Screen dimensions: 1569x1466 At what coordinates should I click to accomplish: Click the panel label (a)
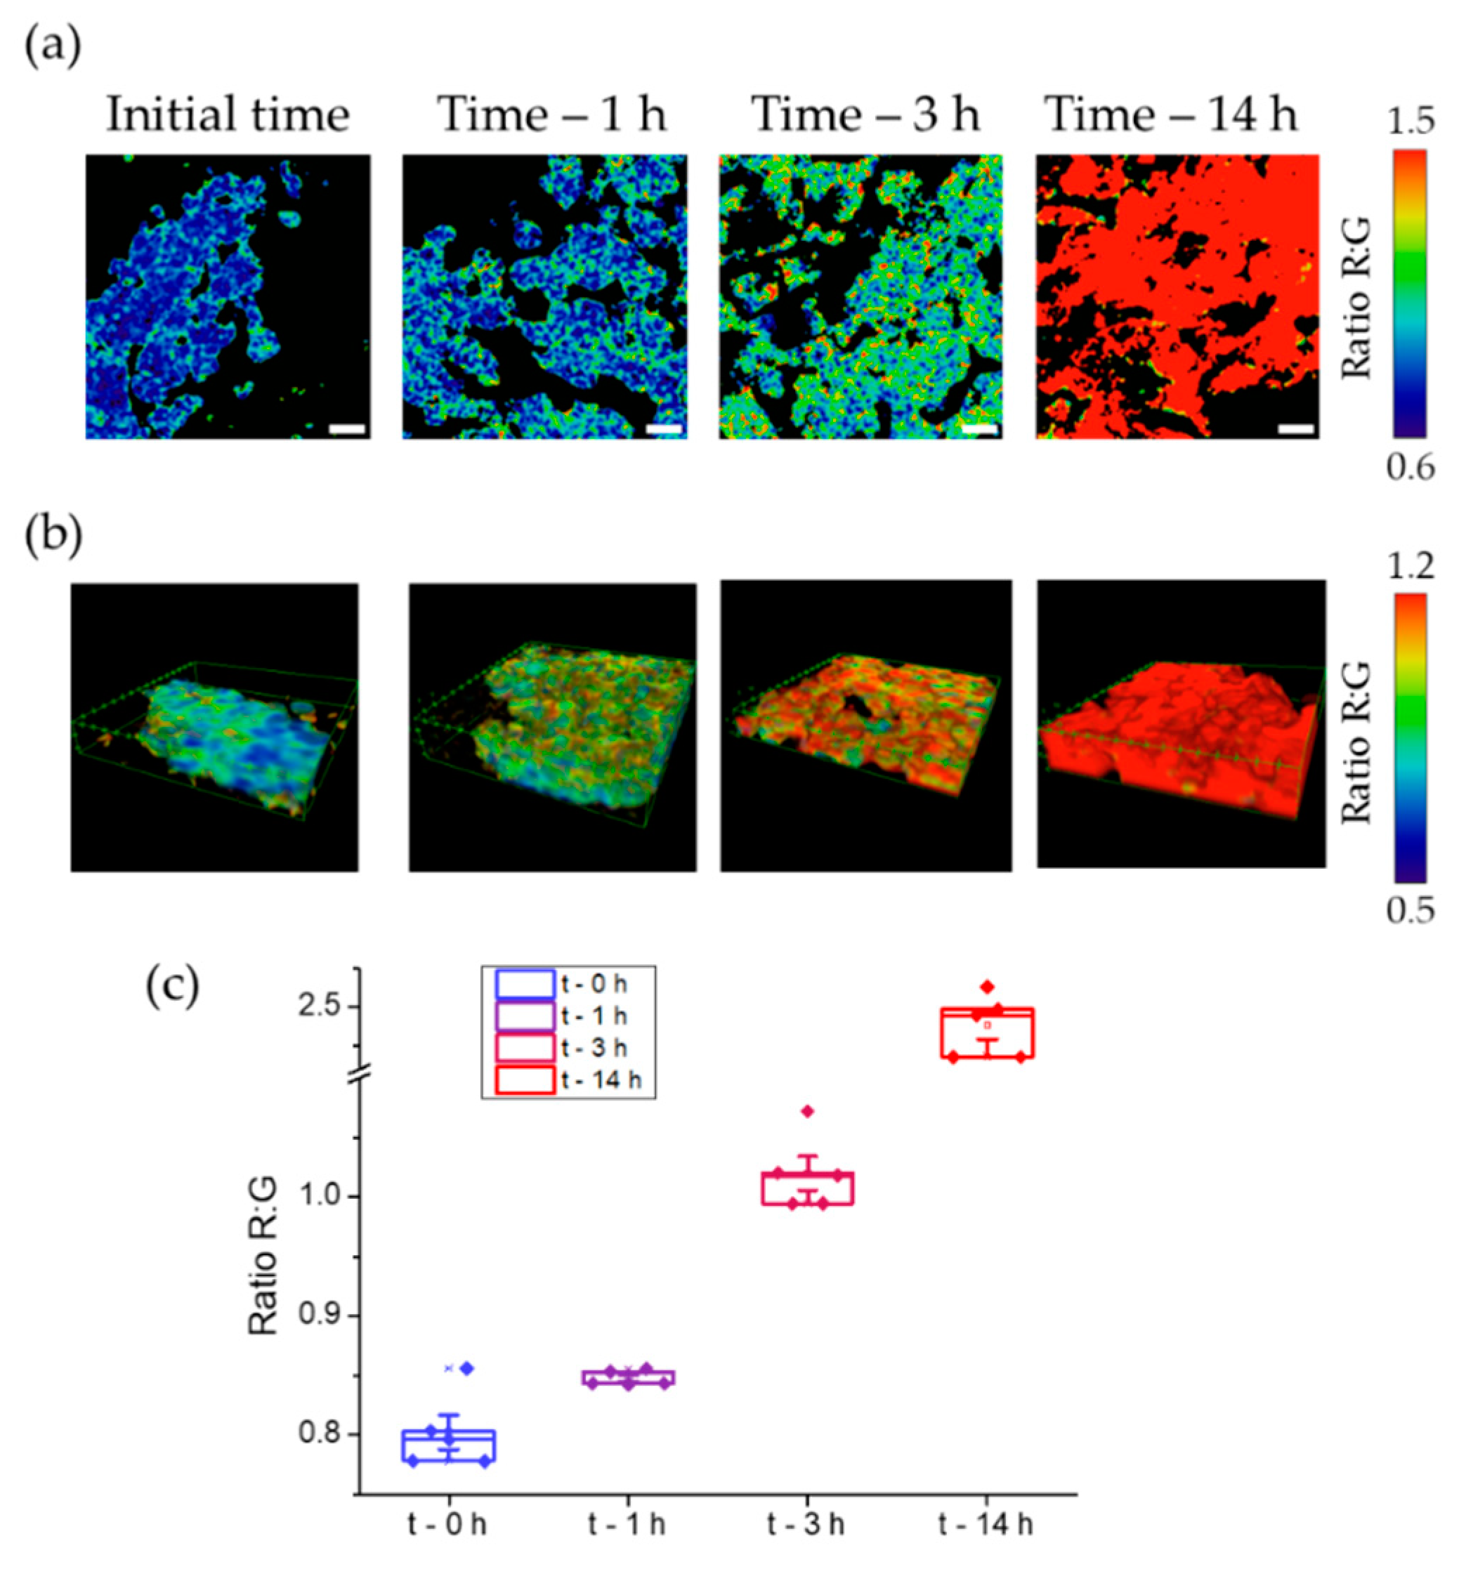click(53, 49)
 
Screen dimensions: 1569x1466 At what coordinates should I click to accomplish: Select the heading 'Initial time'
click(228, 115)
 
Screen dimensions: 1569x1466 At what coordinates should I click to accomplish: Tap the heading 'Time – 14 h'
click(1172, 115)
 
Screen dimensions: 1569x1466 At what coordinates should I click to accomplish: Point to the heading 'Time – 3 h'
click(865, 115)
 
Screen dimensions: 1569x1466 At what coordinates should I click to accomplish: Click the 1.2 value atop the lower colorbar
click(1410, 567)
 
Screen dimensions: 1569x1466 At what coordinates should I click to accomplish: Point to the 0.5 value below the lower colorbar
click(1410, 912)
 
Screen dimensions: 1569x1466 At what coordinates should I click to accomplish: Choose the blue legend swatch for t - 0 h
click(525, 984)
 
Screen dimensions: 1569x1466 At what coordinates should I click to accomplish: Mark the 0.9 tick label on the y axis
click(319, 1315)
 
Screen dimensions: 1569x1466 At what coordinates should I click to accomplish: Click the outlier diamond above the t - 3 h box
click(808, 1111)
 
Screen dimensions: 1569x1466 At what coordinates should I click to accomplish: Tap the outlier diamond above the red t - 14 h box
click(988, 987)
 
